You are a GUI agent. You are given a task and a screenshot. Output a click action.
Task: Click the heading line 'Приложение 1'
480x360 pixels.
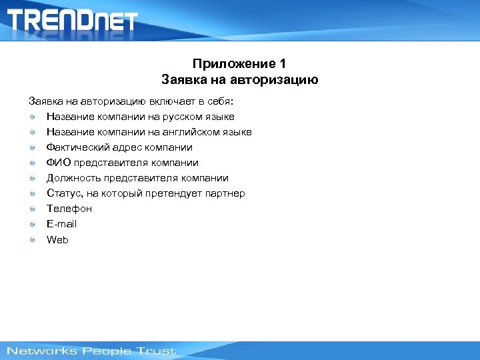239,64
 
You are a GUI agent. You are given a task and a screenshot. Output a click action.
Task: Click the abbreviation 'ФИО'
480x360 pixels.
57,163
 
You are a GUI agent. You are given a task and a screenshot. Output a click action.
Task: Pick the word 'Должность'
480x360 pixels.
71,178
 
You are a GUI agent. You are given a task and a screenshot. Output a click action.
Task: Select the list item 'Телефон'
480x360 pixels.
69,209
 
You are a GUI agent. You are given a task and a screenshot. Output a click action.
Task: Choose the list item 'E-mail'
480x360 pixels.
61,224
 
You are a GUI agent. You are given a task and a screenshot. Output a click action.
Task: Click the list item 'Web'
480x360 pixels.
57,239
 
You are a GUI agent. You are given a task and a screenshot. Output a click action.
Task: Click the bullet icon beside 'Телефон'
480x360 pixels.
33,209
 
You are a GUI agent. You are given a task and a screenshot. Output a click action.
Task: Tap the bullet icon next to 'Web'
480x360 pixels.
33,239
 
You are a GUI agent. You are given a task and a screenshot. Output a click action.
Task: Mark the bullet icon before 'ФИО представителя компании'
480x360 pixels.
33,163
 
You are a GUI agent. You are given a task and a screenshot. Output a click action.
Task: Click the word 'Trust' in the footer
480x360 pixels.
155,351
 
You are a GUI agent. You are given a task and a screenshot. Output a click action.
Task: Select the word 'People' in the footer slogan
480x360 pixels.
103,351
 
